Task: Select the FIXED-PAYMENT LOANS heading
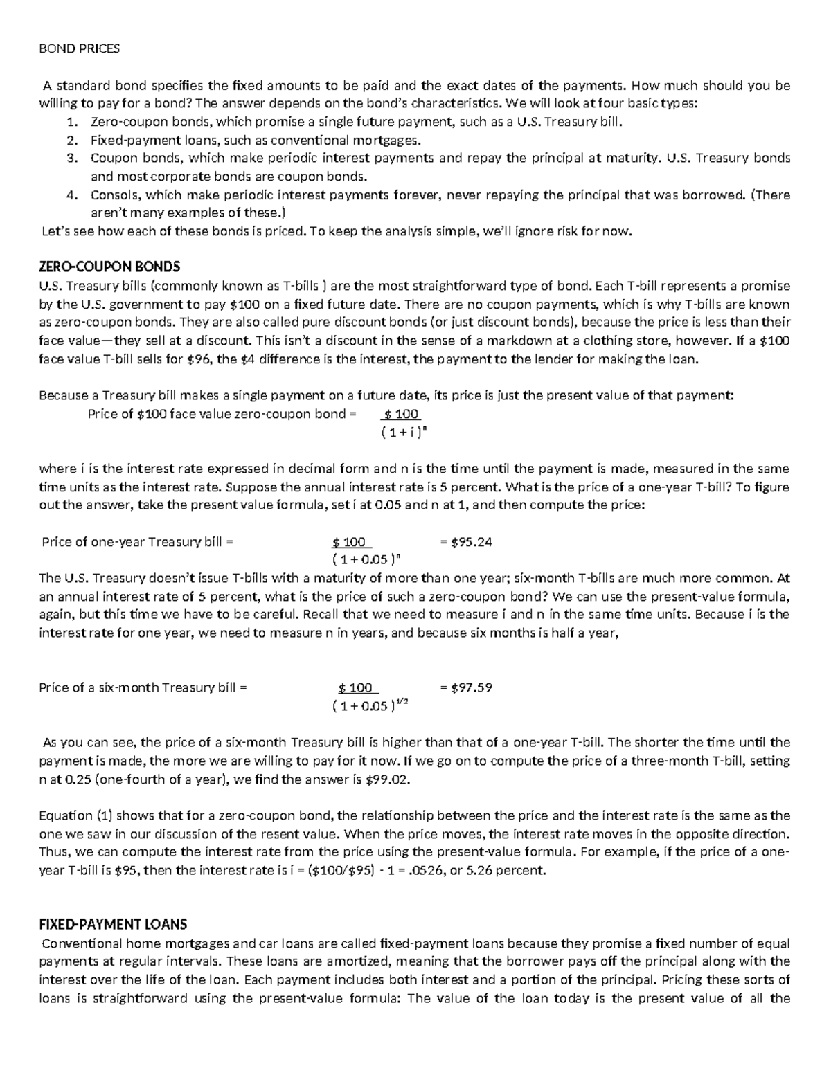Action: pos(113,925)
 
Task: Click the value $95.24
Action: pos(471,542)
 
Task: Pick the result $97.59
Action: pos(471,687)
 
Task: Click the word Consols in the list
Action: pos(115,195)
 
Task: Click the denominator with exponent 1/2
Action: pos(370,707)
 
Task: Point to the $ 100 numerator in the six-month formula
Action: pos(355,688)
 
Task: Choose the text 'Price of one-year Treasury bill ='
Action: pos(138,542)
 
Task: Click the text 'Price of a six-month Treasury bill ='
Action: pos(143,687)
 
